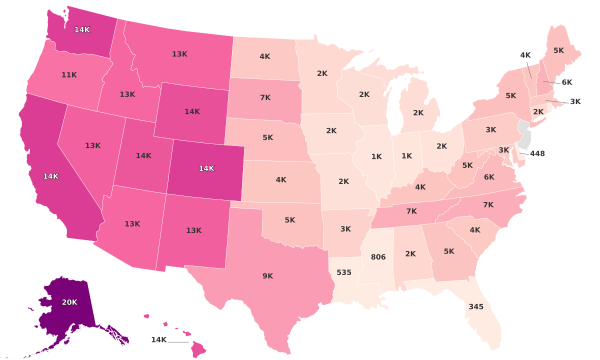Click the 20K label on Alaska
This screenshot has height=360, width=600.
pos(69,302)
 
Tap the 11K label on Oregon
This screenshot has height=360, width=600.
pos(69,75)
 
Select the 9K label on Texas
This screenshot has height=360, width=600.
pos(267,275)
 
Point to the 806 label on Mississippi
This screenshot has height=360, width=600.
pos(378,257)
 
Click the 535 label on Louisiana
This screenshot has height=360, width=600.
pos(344,272)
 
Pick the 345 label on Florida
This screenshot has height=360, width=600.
pos(476,306)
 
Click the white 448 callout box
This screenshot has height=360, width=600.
pos(537,153)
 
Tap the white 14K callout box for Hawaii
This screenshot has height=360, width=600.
pos(158,340)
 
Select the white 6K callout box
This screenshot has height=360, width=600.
pos(566,82)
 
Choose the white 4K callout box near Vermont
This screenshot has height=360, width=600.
pos(525,55)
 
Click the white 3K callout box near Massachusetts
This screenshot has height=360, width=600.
pos(575,101)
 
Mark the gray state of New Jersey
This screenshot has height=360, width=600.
pos(524,134)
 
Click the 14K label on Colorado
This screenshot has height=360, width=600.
pos(206,168)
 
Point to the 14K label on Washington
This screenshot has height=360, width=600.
pos(82,29)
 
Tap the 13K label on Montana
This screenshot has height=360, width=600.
pos(179,54)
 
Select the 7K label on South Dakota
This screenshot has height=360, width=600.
pos(265,97)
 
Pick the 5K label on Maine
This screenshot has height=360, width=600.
pos(558,50)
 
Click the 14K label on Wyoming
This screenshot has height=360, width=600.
pos(192,111)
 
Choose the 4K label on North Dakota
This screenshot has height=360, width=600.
pos(265,56)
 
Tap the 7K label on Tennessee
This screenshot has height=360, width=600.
pos(411,211)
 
